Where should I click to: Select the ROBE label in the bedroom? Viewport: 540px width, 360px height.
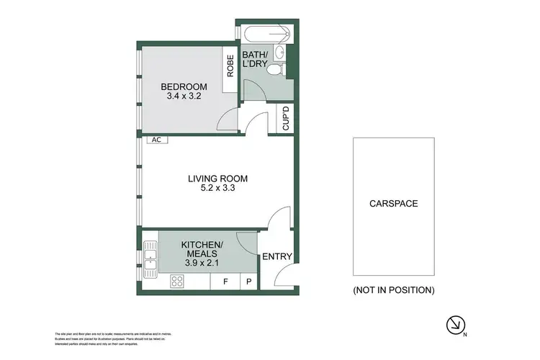click(230, 67)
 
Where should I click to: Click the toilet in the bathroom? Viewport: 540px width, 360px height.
click(284, 69)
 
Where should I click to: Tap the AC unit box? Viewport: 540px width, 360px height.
click(156, 140)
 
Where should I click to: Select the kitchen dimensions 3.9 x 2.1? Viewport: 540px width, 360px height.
click(202, 263)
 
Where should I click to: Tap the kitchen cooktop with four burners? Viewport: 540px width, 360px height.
click(176, 282)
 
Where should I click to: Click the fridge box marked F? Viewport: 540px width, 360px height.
click(225, 282)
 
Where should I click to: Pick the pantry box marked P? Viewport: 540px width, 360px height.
click(249, 282)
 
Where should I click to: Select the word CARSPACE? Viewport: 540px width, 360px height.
click(394, 204)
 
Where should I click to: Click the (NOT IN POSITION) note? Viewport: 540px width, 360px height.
click(393, 290)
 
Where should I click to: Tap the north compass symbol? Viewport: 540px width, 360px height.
click(454, 325)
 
